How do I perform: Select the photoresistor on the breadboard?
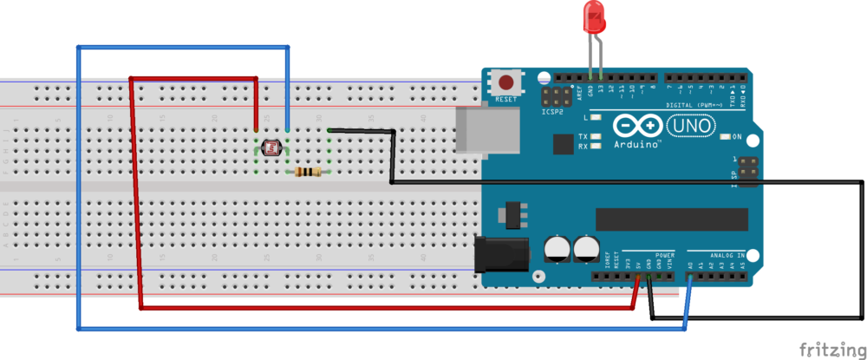[270, 148]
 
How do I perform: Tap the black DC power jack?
[501, 254]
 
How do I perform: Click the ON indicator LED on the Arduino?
[727, 137]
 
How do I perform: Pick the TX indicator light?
[596, 137]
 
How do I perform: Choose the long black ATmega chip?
[671, 219]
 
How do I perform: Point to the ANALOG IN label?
[727, 255]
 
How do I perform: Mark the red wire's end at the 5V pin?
[638, 278]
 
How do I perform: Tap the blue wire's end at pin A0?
[690, 278]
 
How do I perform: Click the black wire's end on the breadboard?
[330, 130]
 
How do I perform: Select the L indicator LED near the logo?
[596, 116]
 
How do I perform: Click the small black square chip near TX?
[563, 144]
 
